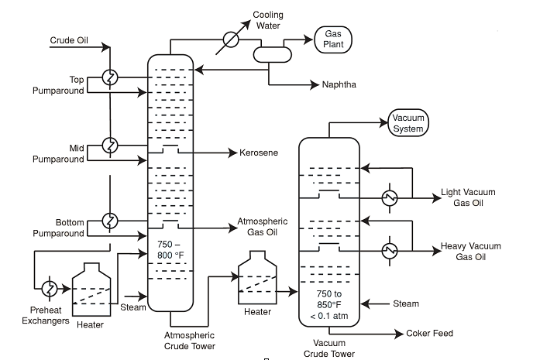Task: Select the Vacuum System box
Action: pos(407,123)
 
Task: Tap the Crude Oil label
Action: pos(69,40)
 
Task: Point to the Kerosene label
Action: pos(258,153)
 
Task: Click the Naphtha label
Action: pos(339,84)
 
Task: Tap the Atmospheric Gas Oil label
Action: pos(261,226)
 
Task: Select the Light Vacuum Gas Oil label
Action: pos(468,197)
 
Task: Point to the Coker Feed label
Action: pos(429,333)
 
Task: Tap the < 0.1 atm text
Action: pos(328,315)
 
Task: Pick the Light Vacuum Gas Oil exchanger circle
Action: pos(389,197)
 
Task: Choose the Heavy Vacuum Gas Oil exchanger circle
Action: pos(389,249)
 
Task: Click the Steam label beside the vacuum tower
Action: pos(406,303)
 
